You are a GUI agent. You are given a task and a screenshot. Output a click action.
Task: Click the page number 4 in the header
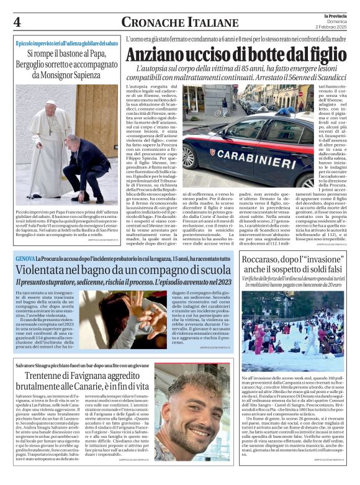coord(17,22)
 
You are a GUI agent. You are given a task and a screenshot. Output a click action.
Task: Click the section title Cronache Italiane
coord(171,23)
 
